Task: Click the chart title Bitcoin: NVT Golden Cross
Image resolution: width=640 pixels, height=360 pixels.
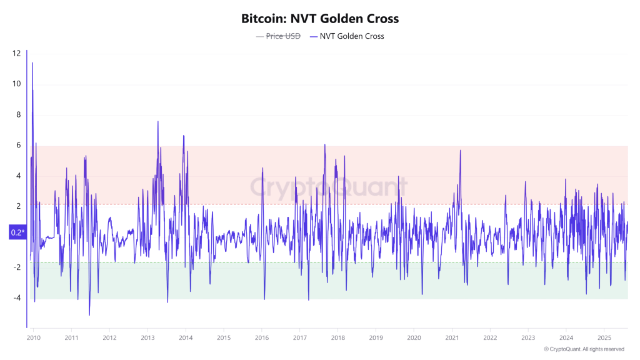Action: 320,19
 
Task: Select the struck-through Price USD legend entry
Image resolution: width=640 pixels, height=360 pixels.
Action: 278,36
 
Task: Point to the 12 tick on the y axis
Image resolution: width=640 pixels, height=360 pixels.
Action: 16,53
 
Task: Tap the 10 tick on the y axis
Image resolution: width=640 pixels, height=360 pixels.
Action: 16,84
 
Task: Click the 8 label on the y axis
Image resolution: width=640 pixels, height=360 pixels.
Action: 18,114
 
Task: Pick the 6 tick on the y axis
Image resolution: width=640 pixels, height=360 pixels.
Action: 18,145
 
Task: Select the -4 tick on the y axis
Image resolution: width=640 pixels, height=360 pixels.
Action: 17,298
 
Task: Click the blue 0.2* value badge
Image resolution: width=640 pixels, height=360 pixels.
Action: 17,232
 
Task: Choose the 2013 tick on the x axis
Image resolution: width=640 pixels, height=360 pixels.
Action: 147,338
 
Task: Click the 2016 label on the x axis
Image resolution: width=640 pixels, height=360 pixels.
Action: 262,338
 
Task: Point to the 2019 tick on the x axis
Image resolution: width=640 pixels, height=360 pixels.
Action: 376,338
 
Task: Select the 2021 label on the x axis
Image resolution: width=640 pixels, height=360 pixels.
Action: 452,338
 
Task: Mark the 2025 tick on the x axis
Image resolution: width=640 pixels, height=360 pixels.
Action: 604,338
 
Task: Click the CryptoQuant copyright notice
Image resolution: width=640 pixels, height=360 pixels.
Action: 584,349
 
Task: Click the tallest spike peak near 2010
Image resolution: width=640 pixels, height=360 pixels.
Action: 32,62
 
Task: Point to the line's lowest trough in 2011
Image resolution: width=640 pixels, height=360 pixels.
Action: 89,315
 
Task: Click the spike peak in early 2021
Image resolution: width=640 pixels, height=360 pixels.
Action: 460,150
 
